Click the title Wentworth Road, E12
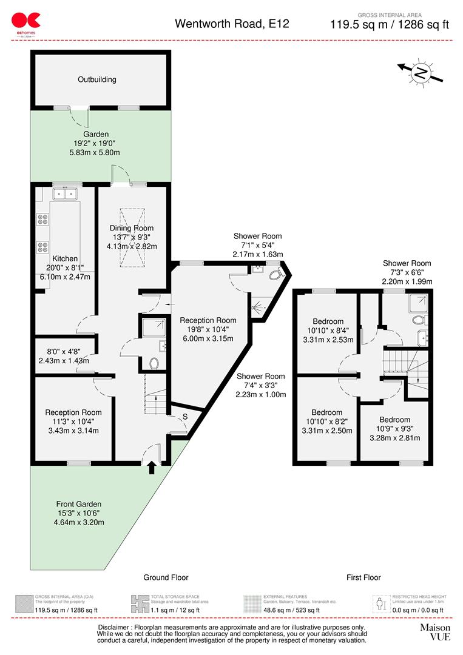[232, 24]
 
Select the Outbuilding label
[96, 79]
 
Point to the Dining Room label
[132, 228]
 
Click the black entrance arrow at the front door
[151, 467]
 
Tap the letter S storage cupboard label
[185, 417]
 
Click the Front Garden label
[78, 504]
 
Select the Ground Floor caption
[166, 577]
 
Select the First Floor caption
[363, 577]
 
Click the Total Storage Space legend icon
[139, 603]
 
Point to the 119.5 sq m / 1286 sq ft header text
[389, 25]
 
